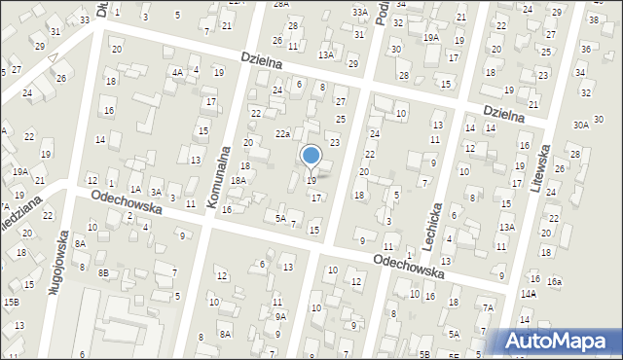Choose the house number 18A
(x=238, y=180)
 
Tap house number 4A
(x=177, y=72)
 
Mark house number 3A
(x=156, y=192)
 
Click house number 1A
(x=136, y=189)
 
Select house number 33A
(x=360, y=13)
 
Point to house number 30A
(x=581, y=125)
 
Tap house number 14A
(x=529, y=293)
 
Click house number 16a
(x=554, y=281)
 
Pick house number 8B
(x=103, y=273)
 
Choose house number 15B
(x=11, y=302)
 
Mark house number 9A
(x=280, y=316)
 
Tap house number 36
(x=585, y=49)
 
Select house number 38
(x=594, y=19)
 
